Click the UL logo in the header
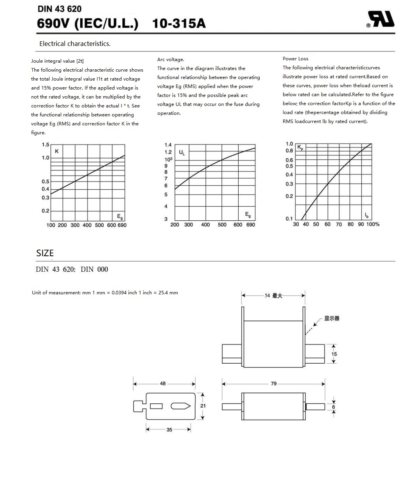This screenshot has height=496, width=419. tap(382, 19)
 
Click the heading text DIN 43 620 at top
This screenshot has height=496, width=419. tap(59, 9)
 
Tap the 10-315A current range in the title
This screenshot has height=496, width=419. tap(179, 24)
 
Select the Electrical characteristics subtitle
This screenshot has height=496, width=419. tap(75, 44)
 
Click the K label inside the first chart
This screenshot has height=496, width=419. tap(57, 151)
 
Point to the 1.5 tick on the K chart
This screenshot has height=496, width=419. tap(46, 145)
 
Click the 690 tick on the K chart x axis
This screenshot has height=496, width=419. tap(122, 225)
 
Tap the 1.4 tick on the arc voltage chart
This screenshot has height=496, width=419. tap(168, 145)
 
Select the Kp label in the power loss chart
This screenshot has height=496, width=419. tap(300, 147)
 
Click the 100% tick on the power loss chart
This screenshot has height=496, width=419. tap(373, 224)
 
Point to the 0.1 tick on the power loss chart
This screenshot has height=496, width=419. tap(289, 219)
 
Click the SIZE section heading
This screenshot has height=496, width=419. tap(45, 253)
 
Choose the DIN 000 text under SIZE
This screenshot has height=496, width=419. tap(94, 269)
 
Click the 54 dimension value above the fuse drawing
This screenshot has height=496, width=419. tap(267, 295)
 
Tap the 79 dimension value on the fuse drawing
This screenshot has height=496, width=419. tap(274, 383)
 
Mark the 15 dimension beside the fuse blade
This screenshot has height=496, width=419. tap(334, 354)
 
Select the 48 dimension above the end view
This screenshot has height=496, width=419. tap(163, 383)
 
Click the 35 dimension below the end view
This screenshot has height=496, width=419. tap(169, 429)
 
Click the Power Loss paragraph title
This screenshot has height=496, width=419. tap(295, 59)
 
